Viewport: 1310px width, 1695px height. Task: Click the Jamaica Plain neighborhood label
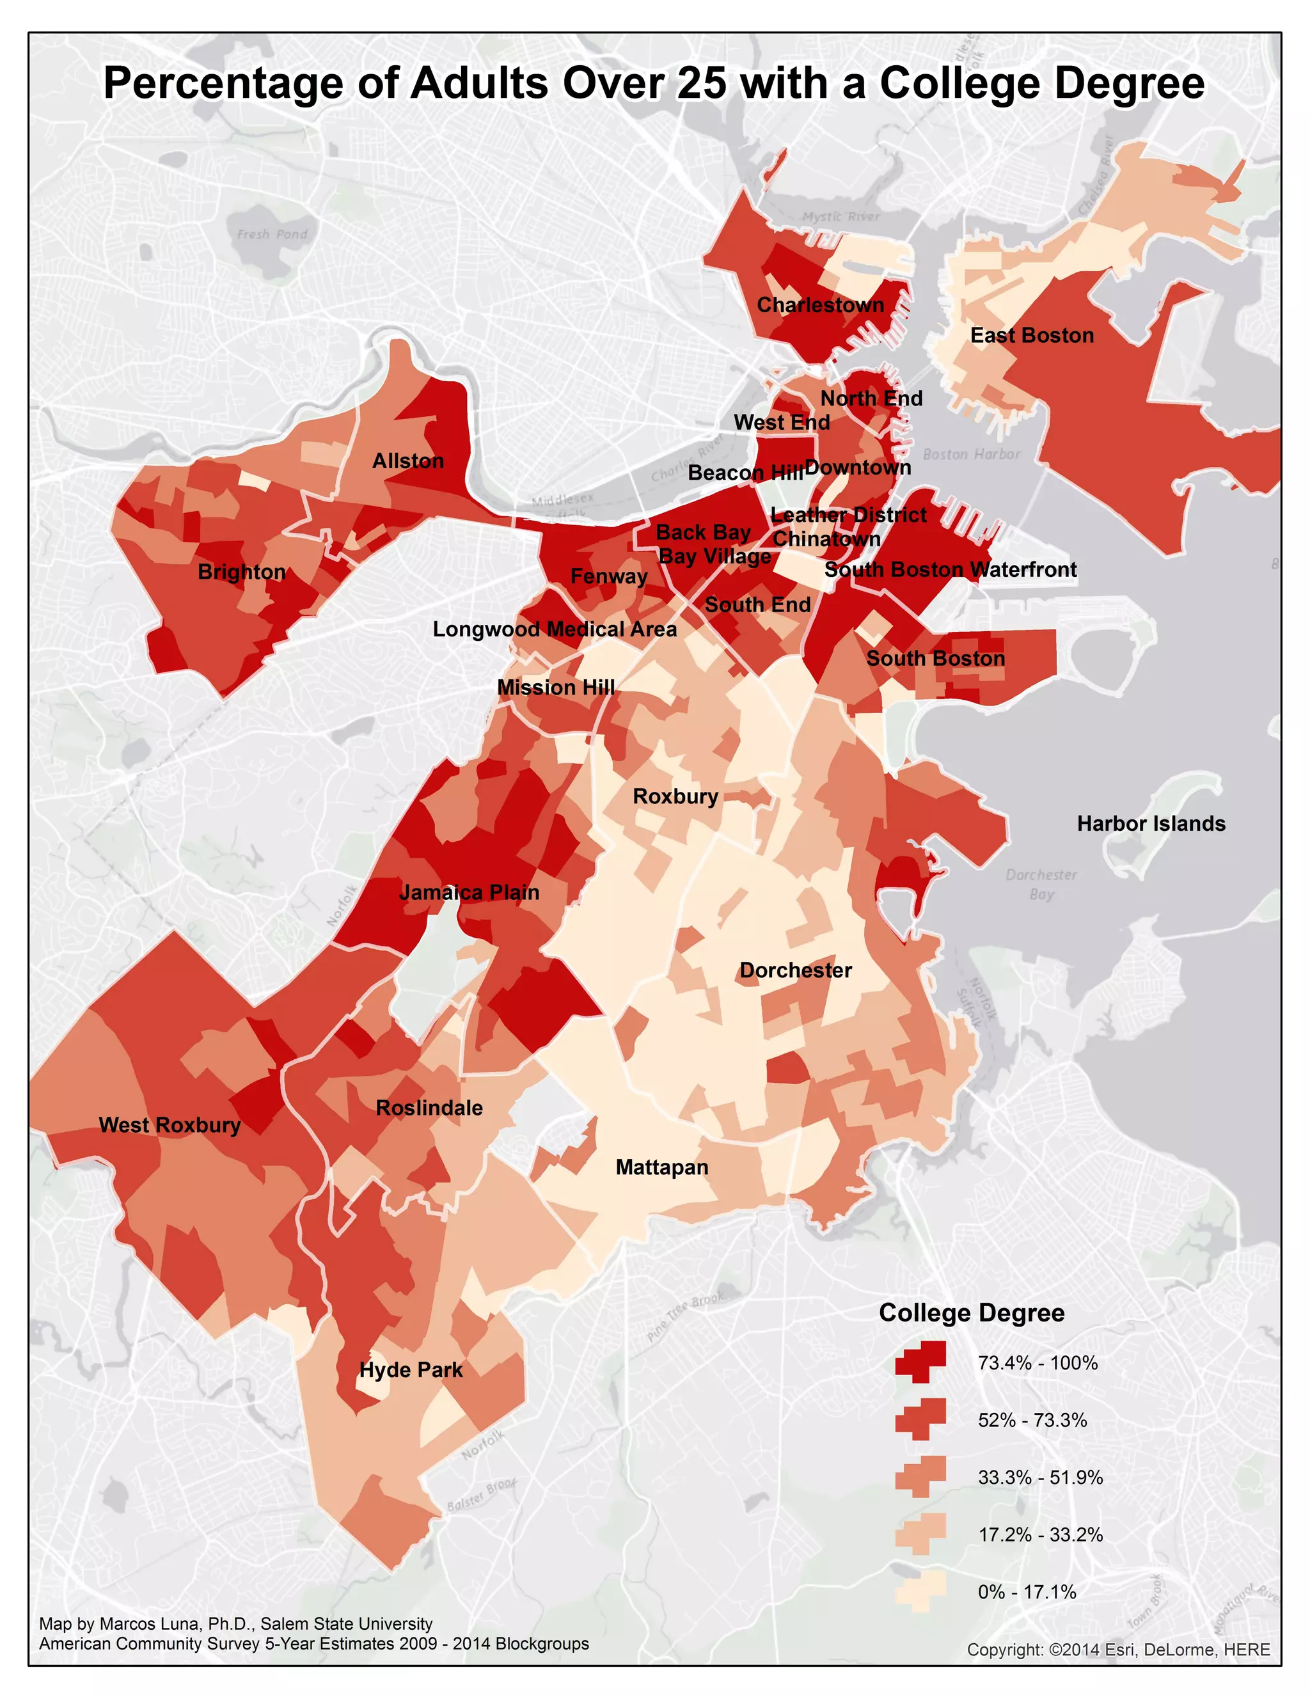click(469, 892)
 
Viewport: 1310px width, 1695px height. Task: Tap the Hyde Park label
click(411, 1370)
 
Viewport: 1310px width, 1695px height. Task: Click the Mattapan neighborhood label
click(662, 1167)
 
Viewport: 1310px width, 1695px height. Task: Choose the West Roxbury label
click(169, 1125)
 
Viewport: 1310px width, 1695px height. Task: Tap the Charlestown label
click(820, 305)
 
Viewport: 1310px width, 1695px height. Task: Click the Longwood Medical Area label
click(554, 629)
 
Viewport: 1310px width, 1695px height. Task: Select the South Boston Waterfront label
click(950, 570)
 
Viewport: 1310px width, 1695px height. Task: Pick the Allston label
click(407, 461)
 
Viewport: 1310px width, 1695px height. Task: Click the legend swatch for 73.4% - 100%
click(920, 1362)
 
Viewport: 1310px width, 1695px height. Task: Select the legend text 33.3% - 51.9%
click(1040, 1477)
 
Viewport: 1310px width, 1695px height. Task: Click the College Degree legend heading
click(971, 1313)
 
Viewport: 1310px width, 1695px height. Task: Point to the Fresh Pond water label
click(272, 234)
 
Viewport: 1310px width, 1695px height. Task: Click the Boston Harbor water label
click(971, 454)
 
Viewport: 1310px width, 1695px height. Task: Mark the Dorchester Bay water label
click(1041, 884)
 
